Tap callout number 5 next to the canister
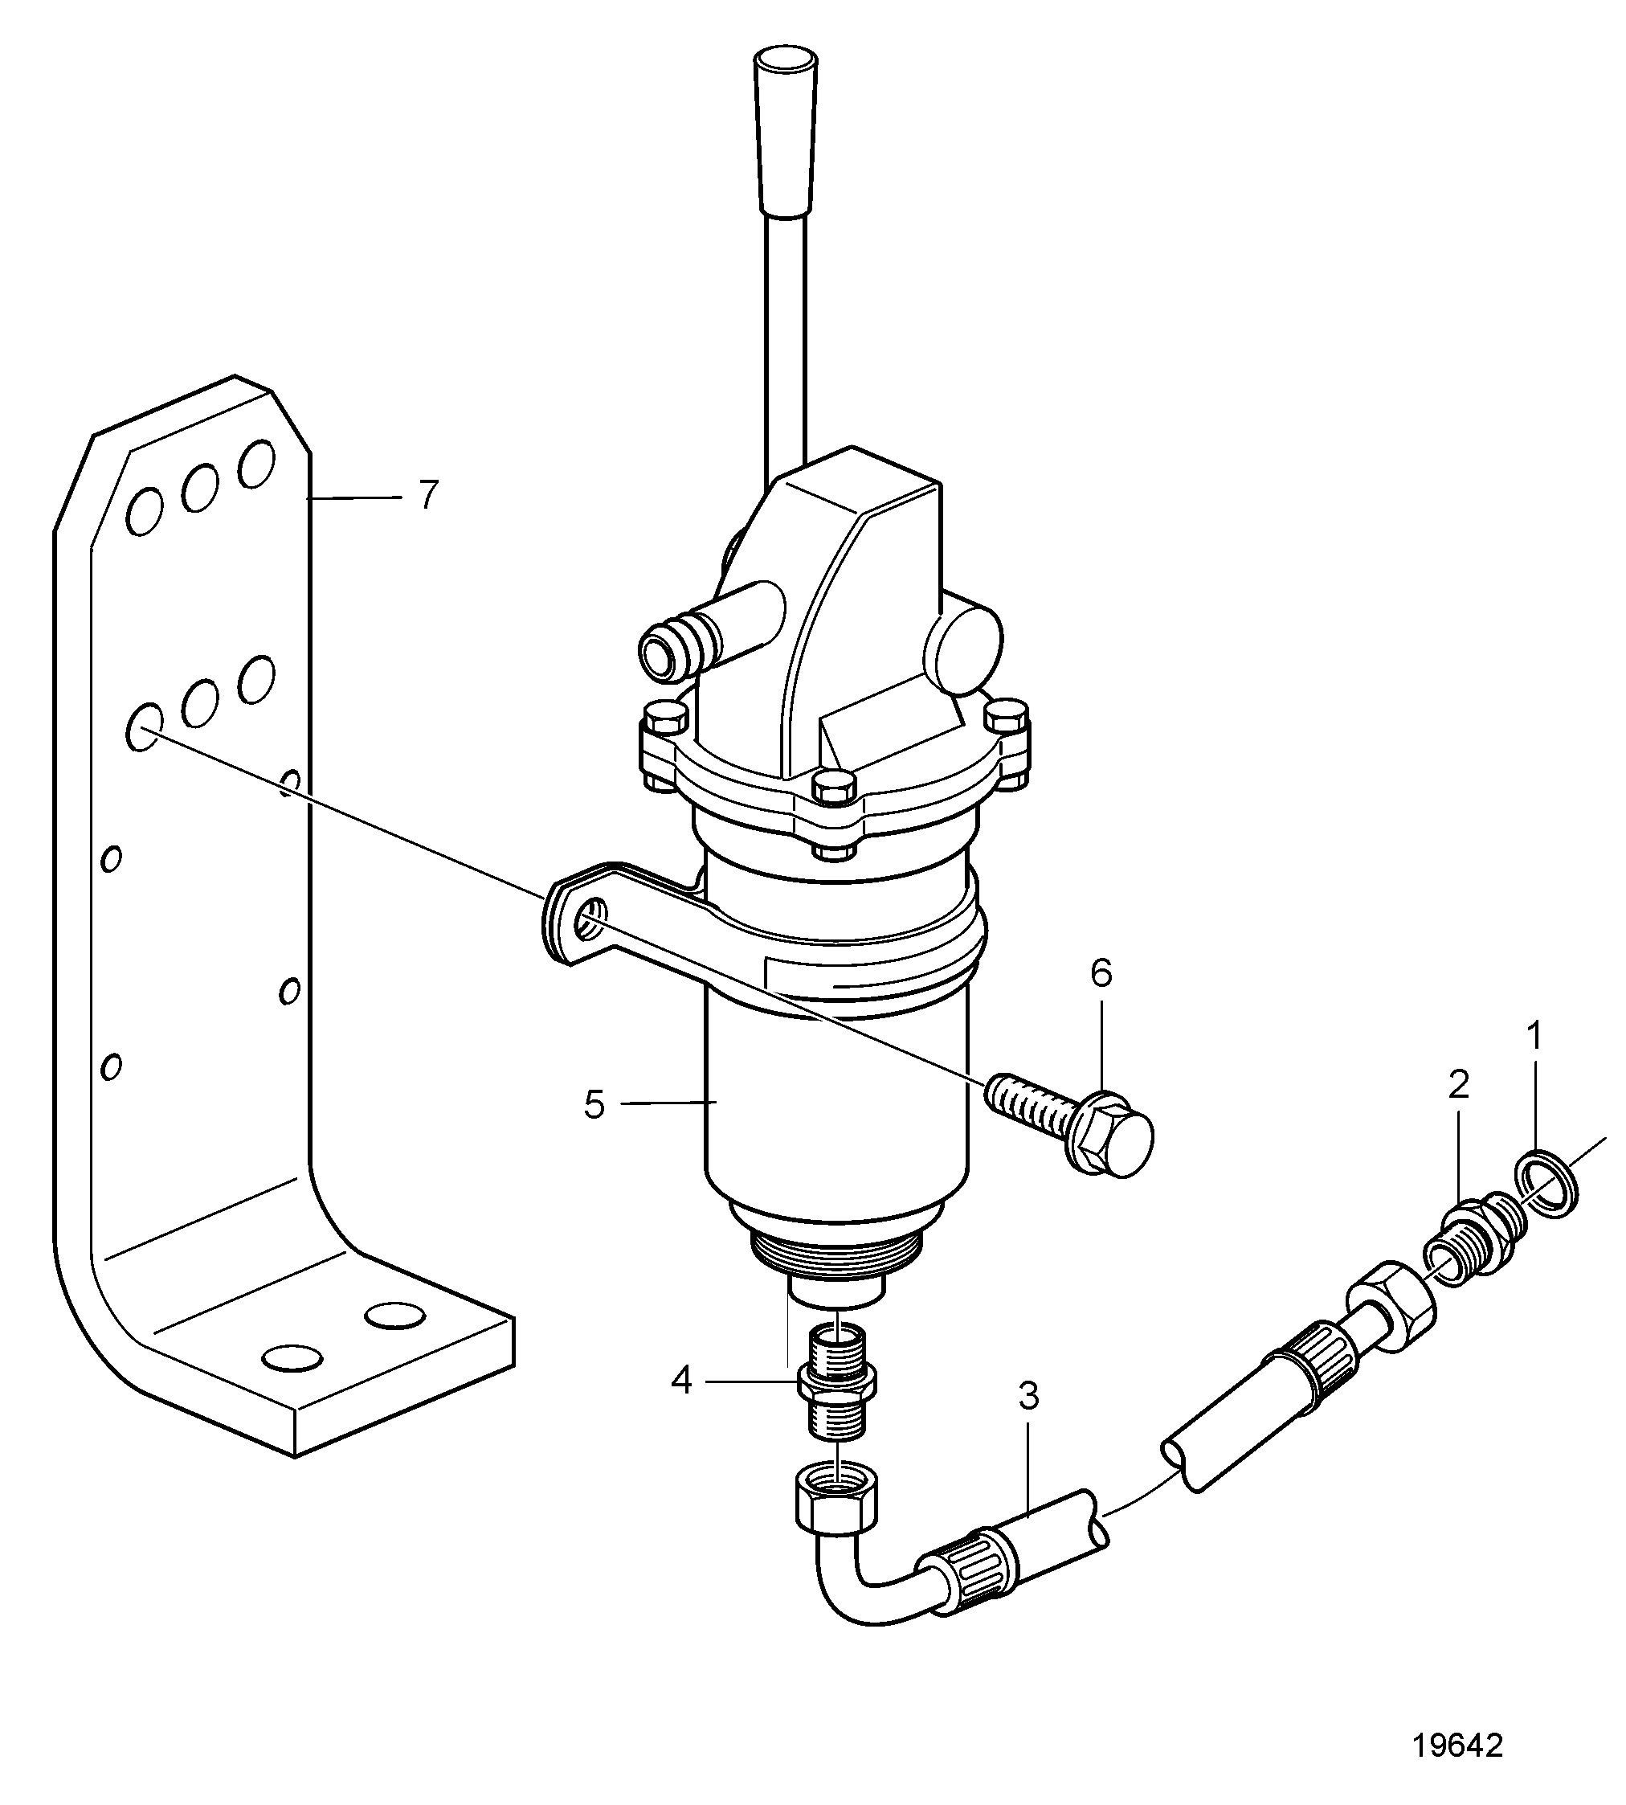click(594, 1105)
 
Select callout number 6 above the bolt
click(1101, 974)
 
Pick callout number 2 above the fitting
click(1458, 1086)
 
